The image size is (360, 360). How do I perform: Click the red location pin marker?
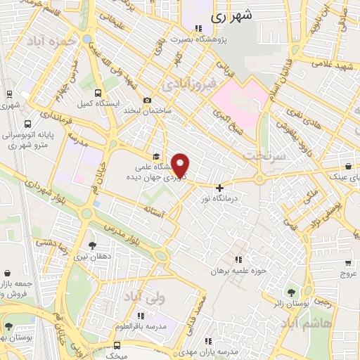click(181, 165)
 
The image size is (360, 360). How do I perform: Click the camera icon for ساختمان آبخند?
click(146, 101)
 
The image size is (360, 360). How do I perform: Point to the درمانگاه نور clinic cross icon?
click(220, 188)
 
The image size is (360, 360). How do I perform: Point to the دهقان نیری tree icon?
click(92, 245)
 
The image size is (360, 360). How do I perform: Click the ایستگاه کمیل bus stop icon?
click(98, 93)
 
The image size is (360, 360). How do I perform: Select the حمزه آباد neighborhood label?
click(50, 41)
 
